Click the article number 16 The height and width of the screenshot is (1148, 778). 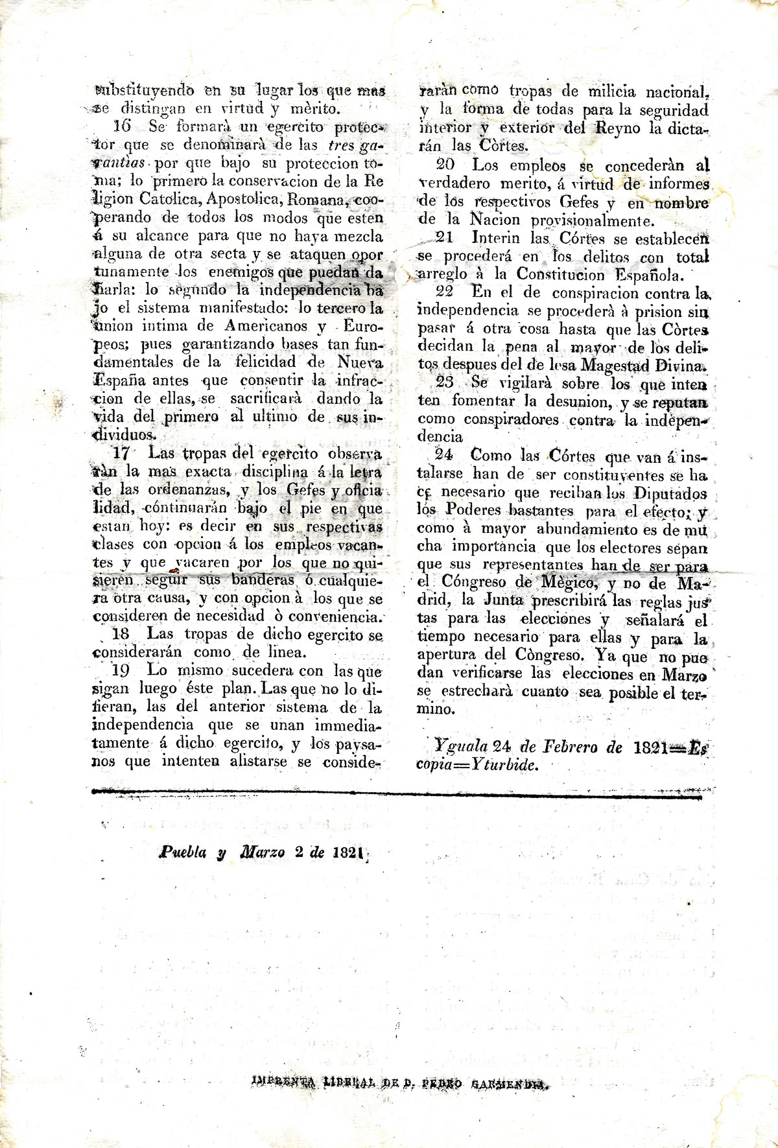(x=121, y=126)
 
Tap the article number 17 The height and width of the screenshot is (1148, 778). (x=121, y=453)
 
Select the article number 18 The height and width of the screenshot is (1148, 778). (x=121, y=634)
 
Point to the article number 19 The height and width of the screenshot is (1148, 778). (x=121, y=670)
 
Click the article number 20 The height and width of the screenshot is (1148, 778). (x=446, y=165)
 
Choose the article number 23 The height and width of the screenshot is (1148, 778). (x=445, y=382)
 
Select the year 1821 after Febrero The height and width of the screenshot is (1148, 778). (x=650, y=747)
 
